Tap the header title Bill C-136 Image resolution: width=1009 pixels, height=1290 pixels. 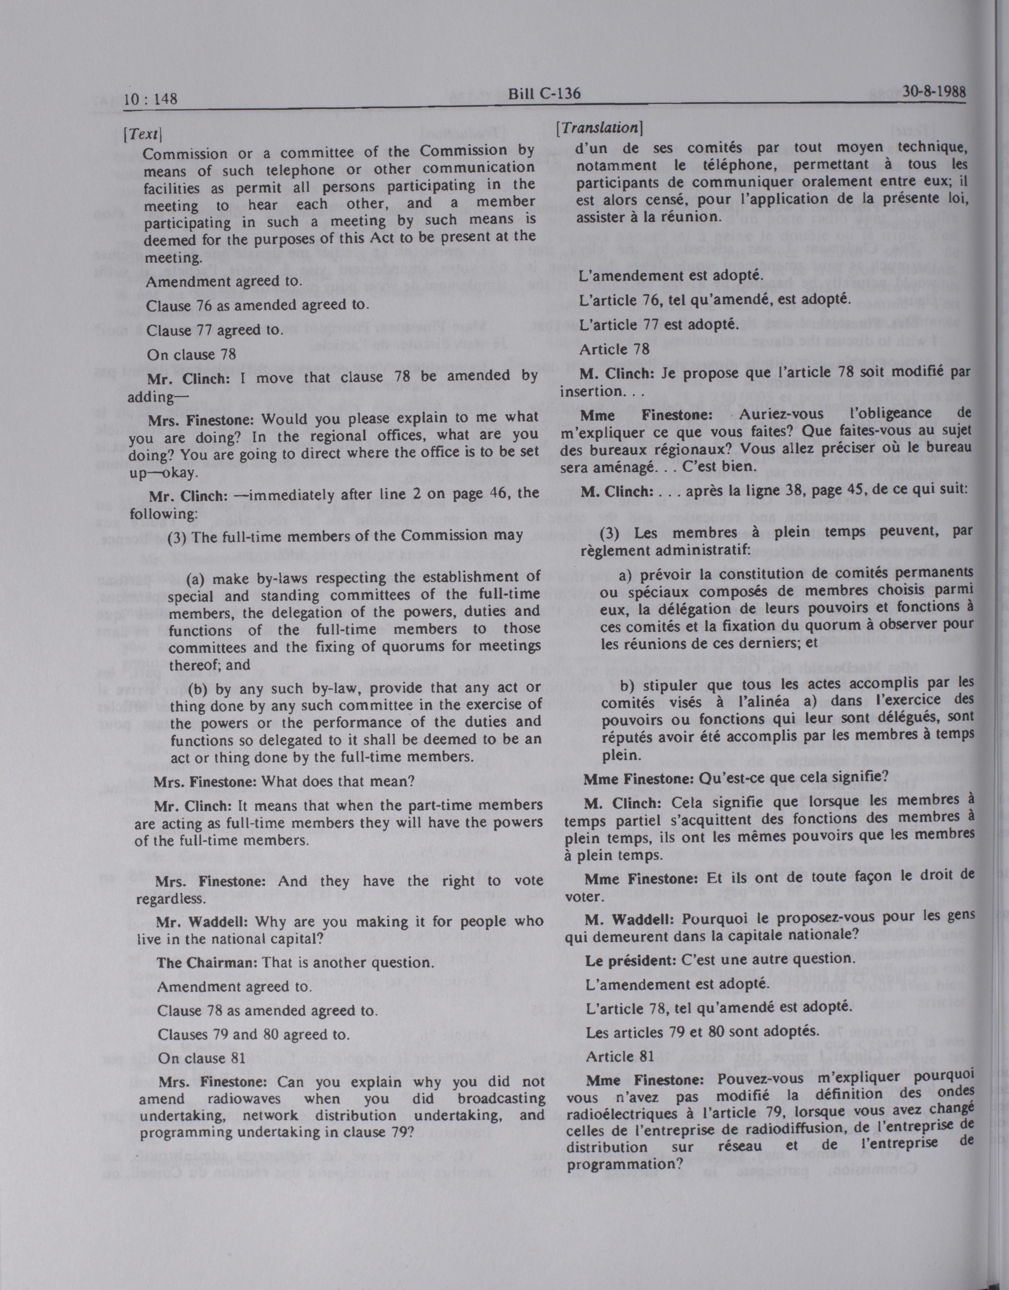tap(544, 94)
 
